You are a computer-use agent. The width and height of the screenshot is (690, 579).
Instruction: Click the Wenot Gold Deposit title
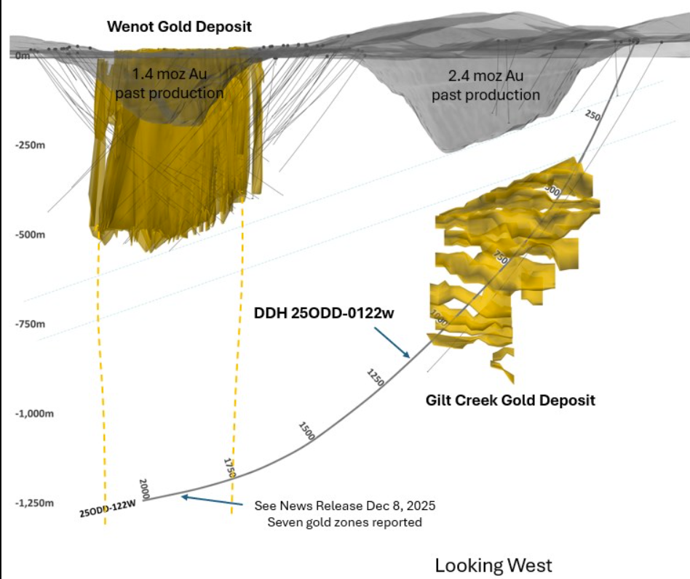pyautogui.click(x=179, y=27)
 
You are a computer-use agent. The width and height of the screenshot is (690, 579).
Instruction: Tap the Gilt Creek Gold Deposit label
pyautogui.click(x=510, y=400)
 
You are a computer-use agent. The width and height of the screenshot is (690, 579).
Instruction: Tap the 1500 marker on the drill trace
pyautogui.click(x=307, y=431)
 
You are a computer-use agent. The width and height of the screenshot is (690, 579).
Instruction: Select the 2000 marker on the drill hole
pyautogui.click(x=144, y=488)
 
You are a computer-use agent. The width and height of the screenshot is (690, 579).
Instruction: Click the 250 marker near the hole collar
pyautogui.click(x=592, y=116)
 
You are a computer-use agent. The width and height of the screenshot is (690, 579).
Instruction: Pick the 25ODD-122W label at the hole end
pyautogui.click(x=108, y=510)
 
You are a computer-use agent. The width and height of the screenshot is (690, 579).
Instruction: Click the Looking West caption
pyautogui.click(x=493, y=565)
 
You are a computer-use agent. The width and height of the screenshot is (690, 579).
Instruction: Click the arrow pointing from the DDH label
pyautogui.click(x=394, y=341)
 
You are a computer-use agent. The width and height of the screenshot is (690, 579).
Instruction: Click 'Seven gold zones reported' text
pyautogui.click(x=344, y=522)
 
